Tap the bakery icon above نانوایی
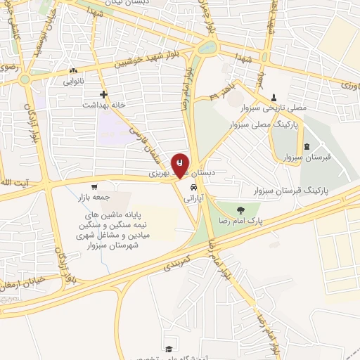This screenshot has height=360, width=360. [73, 71]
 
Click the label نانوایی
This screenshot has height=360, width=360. [74, 82]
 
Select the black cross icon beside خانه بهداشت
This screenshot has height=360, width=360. [103, 94]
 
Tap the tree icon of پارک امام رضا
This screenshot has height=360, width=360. [241, 209]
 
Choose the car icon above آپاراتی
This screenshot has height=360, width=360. [192, 188]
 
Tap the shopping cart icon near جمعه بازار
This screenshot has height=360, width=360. [94, 187]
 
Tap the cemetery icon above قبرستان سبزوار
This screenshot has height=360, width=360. [306, 146]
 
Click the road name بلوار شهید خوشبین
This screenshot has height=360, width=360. [155, 63]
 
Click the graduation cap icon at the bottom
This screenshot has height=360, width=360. [168, 349]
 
